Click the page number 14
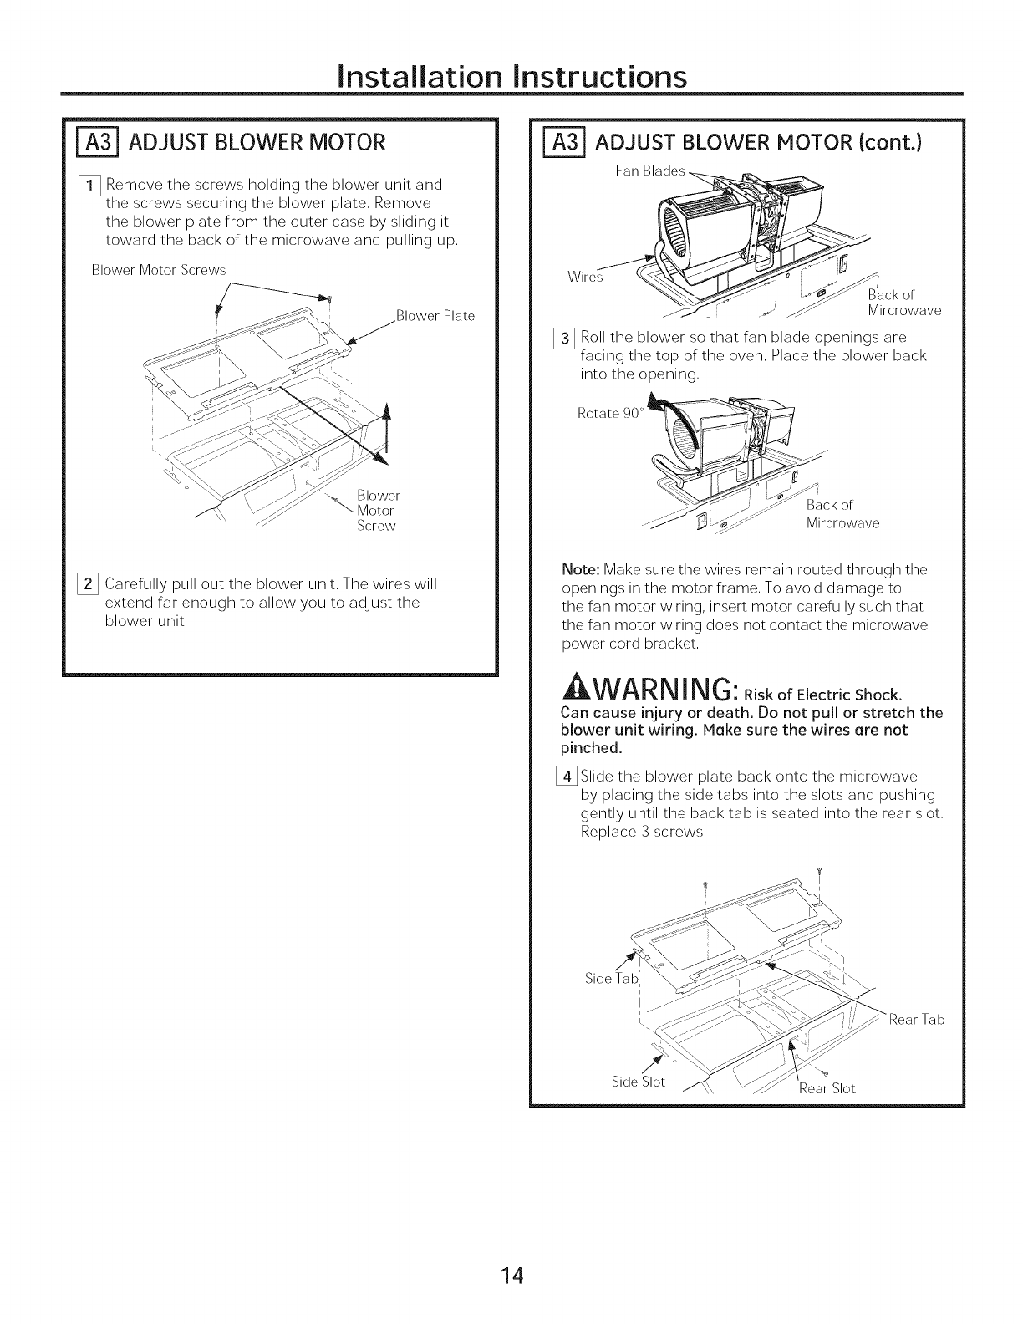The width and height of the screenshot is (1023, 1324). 511,1275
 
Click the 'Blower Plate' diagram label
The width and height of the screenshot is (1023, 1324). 435,316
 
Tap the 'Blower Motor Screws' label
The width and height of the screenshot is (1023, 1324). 159,270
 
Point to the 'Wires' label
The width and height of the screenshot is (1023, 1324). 584,277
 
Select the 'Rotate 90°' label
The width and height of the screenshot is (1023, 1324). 608,413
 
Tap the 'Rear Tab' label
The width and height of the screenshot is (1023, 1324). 917,1019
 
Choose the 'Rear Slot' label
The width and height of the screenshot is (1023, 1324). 827,1087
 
